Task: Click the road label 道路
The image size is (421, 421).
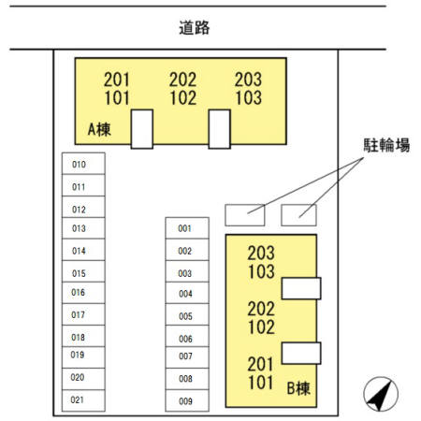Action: click(195, 28)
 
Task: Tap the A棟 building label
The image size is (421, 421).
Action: click(99, 129)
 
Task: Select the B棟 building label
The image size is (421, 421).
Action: click(298, 388)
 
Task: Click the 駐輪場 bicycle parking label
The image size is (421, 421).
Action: click(386, 145)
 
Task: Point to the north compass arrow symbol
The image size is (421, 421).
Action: click(381, 394)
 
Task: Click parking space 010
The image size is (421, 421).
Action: click(83, 164)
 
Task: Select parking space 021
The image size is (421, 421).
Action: click(83, 400)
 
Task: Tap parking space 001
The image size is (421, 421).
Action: click(187, 228)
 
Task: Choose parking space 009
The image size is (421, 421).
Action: click(187, 400)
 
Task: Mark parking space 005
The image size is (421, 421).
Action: click(187, 314)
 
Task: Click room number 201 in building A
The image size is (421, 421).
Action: click(116, 80)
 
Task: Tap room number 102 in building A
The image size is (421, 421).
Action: click(183, 98)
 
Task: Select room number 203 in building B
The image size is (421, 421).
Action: click(261, 253)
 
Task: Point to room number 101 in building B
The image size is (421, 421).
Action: click(261, 383)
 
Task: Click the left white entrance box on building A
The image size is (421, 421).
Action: click(142, 129)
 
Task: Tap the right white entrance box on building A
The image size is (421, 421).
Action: click(220, 129)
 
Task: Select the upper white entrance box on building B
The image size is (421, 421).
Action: click(301, 288)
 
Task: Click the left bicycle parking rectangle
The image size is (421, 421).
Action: click(245, 215)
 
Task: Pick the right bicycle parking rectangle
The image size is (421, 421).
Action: click(298, 215)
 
